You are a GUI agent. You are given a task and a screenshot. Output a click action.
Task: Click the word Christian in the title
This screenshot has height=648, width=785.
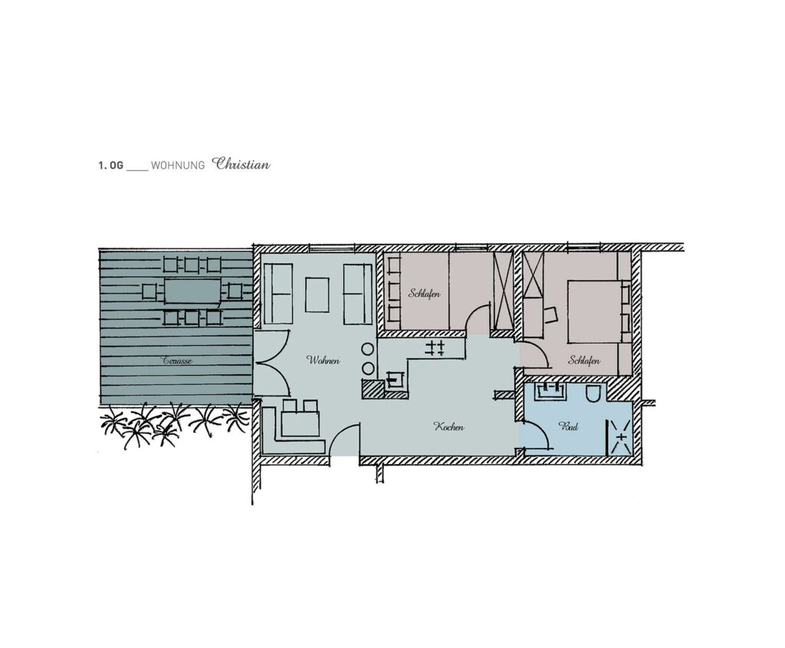pos(241,164)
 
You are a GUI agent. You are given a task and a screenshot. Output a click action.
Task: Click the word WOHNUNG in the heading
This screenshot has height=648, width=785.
pos(178,166)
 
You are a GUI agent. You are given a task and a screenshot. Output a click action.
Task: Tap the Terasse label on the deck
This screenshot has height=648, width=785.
pos(177,360)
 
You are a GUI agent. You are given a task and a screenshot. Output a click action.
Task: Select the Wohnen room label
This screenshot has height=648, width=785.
pos(324,360)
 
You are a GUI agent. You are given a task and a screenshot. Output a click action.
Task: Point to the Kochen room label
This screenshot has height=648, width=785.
pos(448,427)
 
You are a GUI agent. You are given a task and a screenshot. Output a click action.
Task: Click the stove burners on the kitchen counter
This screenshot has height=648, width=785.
pos(435,348)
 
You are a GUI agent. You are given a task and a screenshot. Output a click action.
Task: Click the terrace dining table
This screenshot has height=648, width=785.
pos(192,291)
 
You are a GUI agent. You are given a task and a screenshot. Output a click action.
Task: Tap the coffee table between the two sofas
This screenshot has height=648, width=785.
pos(317,295)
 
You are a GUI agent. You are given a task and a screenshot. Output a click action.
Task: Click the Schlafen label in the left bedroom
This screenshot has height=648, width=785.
pos(424,294)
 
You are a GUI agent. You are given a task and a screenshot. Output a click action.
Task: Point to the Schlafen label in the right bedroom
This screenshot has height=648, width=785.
pos(583,360)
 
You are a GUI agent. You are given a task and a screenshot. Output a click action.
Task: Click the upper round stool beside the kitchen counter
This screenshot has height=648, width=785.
pos(368,350)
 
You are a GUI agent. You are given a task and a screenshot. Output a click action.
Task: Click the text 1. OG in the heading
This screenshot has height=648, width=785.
pos(110,166)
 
